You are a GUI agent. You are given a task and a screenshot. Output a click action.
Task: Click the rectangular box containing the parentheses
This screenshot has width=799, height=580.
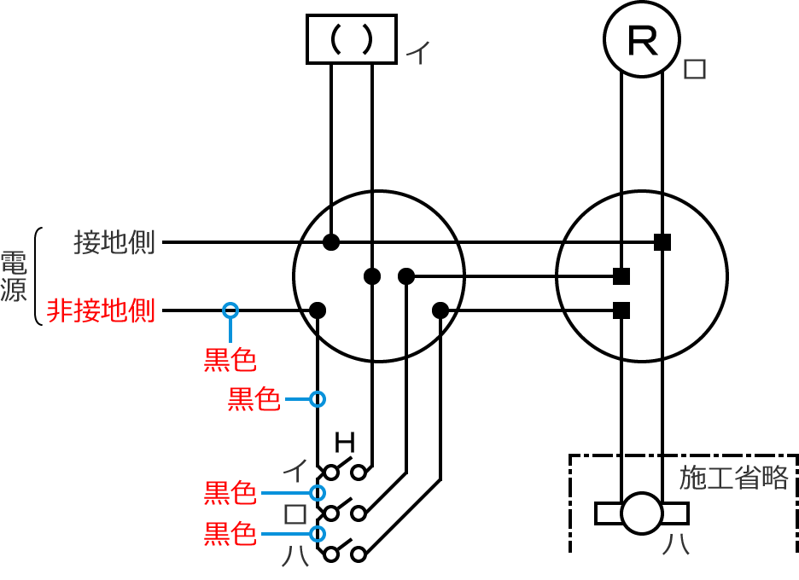(x=352, y=39)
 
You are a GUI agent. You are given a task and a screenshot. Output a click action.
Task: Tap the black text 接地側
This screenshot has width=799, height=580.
(x=114, y=242)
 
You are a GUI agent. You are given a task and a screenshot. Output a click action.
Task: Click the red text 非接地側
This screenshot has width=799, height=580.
(x=101, y=310)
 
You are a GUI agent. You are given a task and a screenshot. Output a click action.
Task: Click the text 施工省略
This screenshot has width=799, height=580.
(x=733, y=478)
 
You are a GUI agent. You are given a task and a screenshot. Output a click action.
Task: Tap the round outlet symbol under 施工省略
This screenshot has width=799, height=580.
(x=641, y=513)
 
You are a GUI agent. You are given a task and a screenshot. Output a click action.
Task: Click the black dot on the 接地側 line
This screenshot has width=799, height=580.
(x=331, y=242)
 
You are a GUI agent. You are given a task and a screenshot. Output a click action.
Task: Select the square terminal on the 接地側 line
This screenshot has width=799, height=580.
(x=662, y=242)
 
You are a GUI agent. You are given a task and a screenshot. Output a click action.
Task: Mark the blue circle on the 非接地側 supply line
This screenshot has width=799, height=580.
(x=230, y=310)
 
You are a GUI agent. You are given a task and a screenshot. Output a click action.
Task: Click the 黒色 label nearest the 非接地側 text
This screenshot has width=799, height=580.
(x=230, y=360)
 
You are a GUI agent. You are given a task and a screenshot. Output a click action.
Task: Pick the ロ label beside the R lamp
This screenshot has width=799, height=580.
(x=696, y=69)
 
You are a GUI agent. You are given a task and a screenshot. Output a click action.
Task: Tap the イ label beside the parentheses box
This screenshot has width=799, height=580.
(x=417, y=55)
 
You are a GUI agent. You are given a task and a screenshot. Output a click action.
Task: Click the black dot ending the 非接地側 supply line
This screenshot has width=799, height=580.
(x=318, y=310)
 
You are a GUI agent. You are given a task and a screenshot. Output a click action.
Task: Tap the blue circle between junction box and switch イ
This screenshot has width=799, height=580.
(x=318, y=398)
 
